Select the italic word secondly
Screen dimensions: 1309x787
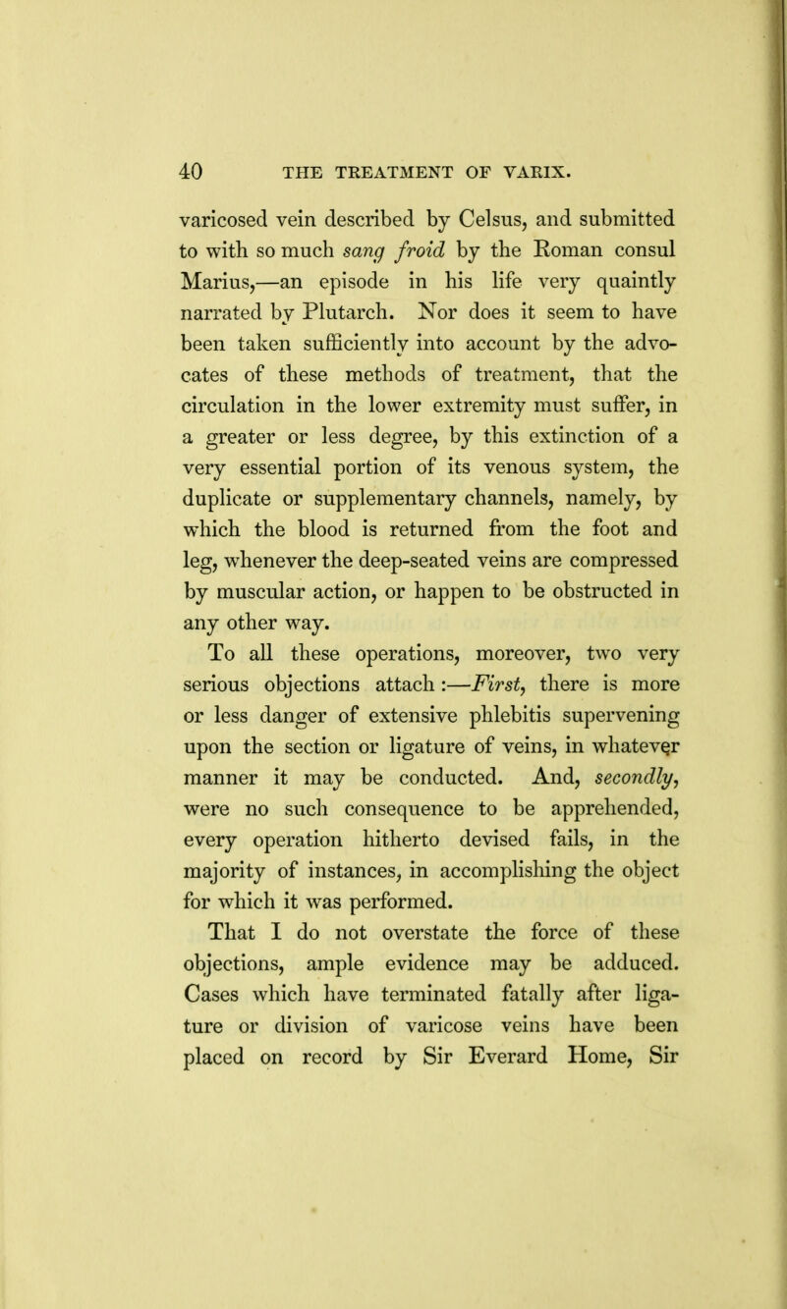coord(547,816)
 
